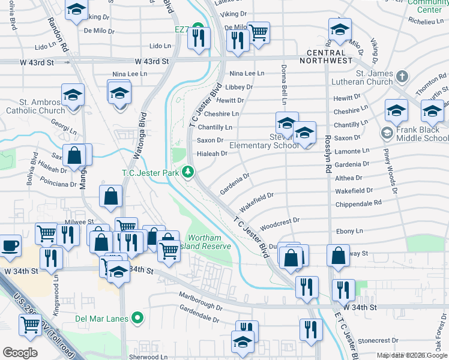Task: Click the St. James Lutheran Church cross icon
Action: coord(402,76)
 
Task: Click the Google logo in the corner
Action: coord(20,352)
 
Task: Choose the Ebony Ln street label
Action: coord(349,231)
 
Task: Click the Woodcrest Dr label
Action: coord(280,221)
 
